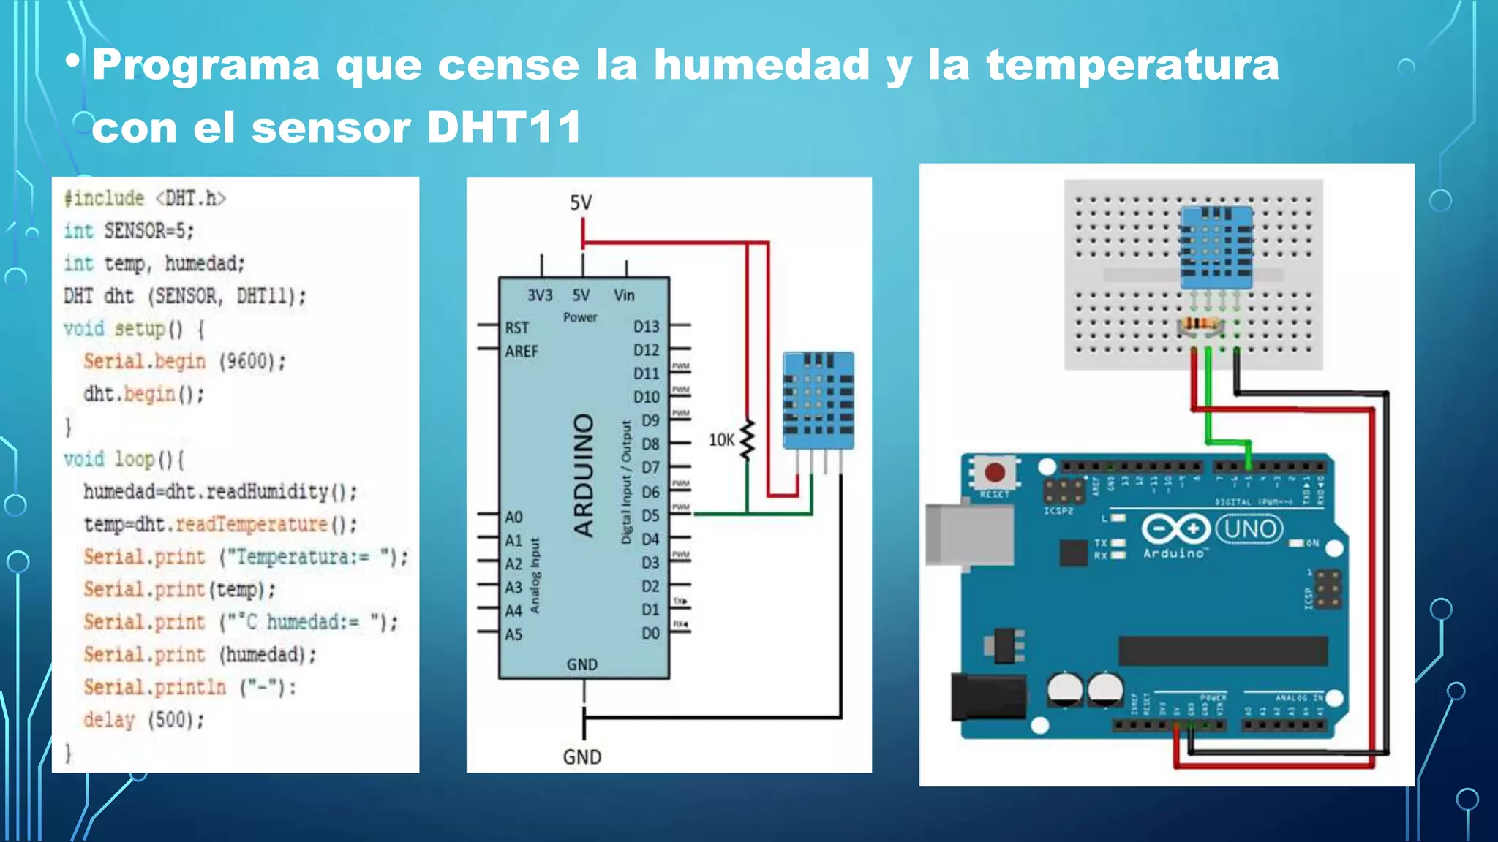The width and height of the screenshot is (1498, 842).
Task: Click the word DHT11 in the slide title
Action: point(503,127)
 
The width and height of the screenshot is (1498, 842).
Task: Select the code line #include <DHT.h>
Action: point(145,198)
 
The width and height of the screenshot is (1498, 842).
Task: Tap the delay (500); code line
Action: point(143,720)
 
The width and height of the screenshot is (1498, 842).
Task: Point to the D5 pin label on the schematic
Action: point(650,515)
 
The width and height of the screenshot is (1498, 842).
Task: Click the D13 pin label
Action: point(646,326)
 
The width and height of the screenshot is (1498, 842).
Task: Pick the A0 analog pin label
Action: point(513,517)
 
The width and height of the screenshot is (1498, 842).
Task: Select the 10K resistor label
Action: point(720,439)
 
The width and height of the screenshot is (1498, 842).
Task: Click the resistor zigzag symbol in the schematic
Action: point(747,440)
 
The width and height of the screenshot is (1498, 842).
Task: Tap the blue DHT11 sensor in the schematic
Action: point(818,400)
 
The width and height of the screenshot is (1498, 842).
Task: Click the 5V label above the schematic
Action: point(581,202)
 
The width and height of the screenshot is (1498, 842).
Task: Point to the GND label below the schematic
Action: point(581,756)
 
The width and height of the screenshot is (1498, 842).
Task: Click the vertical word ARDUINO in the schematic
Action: point(583,475)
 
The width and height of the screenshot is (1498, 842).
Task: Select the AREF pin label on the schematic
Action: point(521,351)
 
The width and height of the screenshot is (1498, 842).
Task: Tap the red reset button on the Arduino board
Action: point(994,472)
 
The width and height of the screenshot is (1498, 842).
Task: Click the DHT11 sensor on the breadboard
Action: point(1216,247)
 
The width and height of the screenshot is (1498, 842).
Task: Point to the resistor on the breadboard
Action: point(1200,324)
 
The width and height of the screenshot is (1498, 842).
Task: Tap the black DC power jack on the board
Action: point(987,697)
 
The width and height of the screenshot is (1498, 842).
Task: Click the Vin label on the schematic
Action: point(624,295)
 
